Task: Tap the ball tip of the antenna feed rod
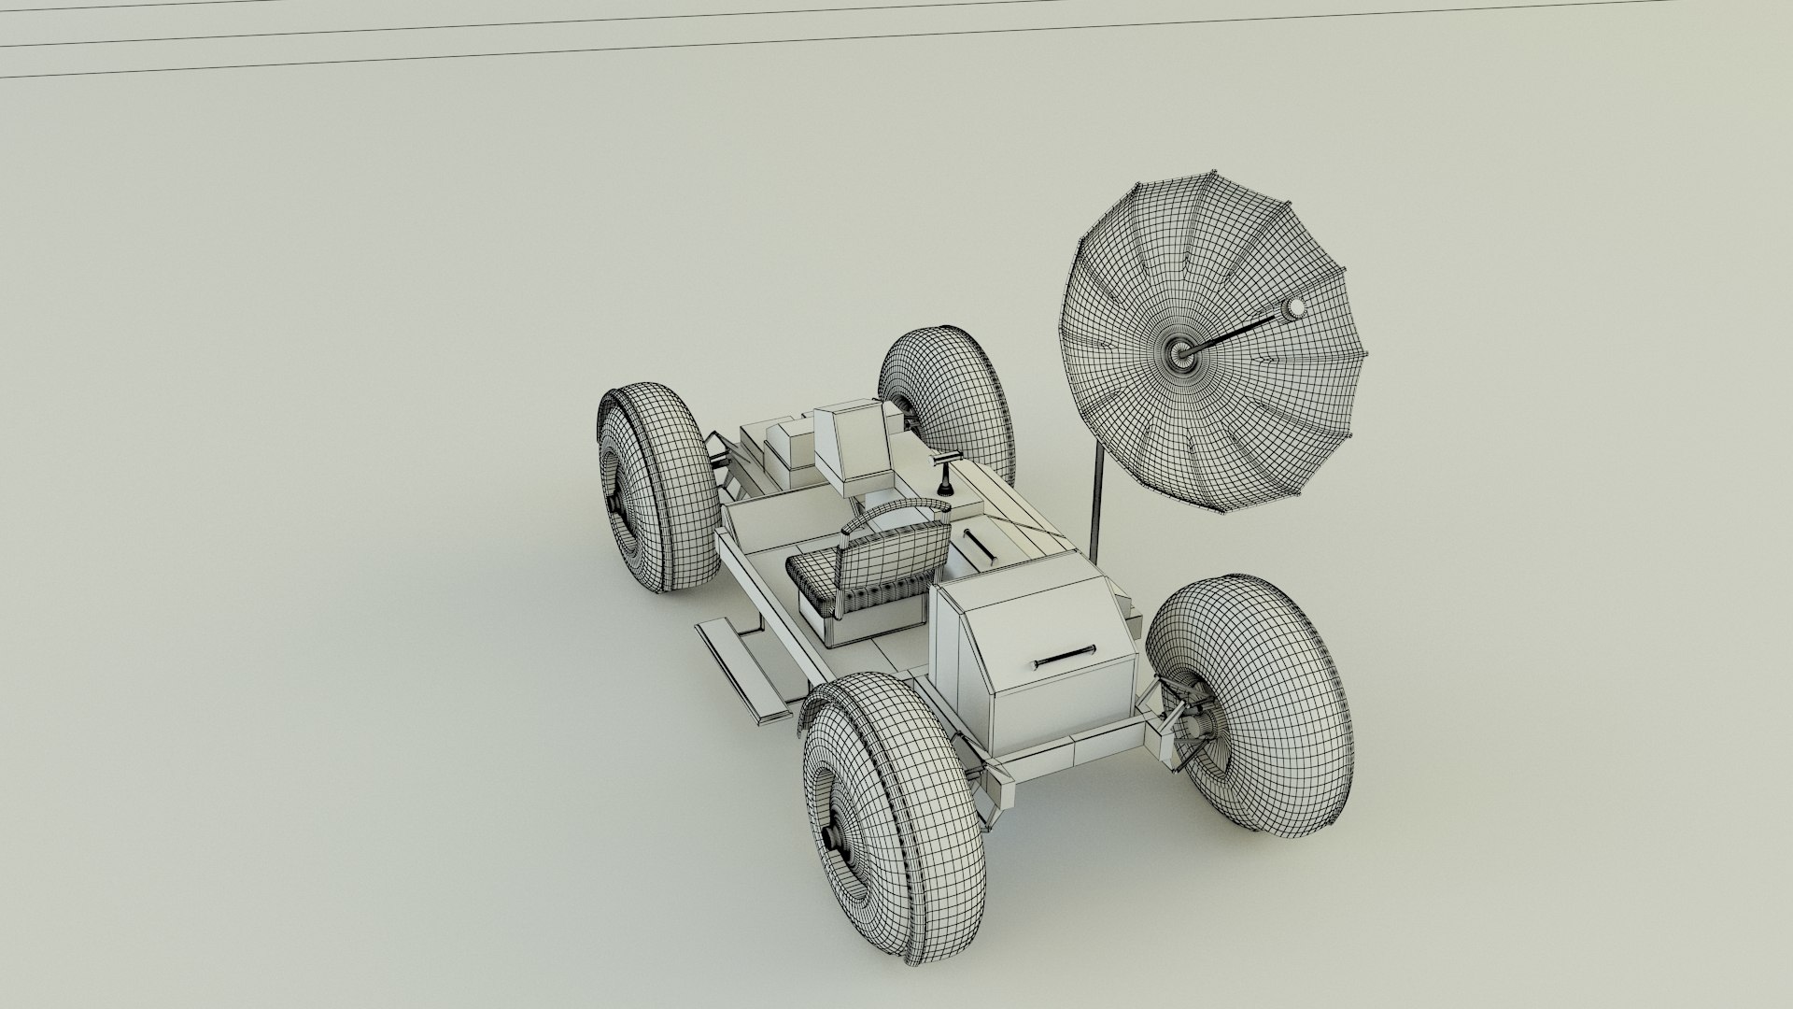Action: coord(1295,307)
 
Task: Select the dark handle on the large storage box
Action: coord(1066,655)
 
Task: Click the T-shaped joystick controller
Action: coord(944,473)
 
